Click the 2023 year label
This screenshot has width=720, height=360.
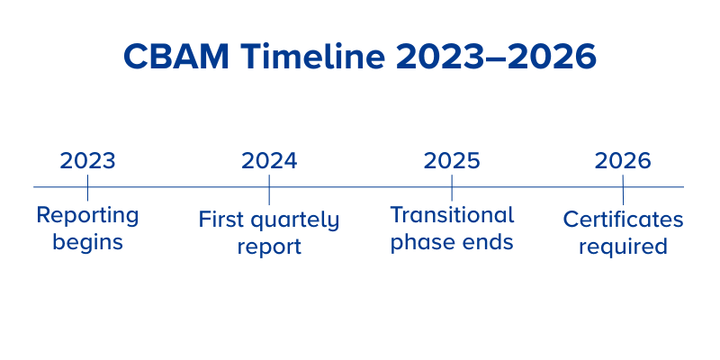(x=87, y=161)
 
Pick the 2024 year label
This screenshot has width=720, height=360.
(x=269, y=161)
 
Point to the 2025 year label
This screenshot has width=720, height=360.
(x=452, y=161)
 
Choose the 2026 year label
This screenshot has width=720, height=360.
(x=623, y=161)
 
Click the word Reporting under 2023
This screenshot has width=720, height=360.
(x=87, y=216)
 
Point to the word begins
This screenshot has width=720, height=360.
(x=87, y=242)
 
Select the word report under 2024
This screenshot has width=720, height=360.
(x=269, y=247)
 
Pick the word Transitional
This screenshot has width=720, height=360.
(x=452, y=215)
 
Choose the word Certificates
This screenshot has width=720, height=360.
(x=623, y=220)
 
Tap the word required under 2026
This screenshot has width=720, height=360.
(x=623, y=247)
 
